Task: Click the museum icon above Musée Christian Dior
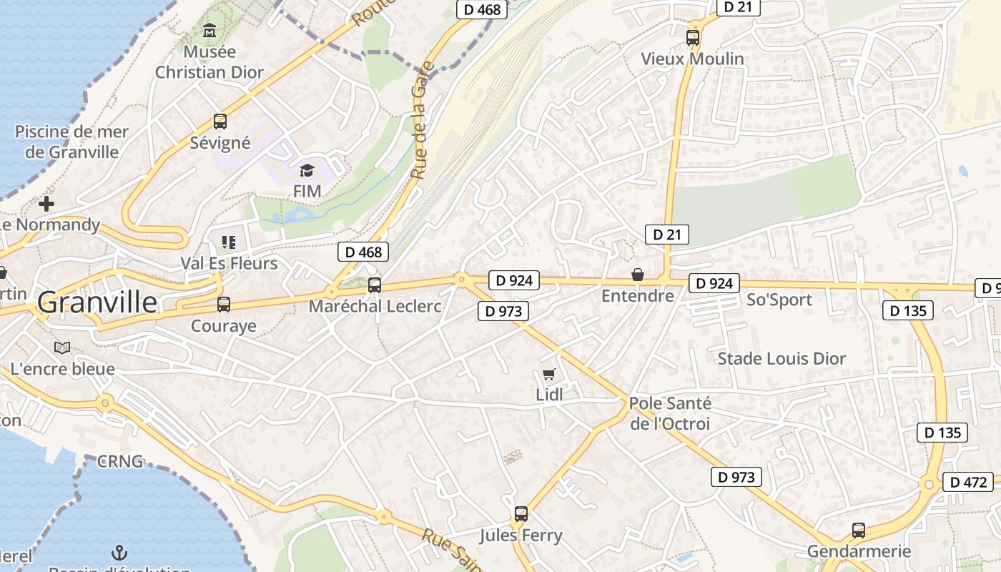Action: (209, 31)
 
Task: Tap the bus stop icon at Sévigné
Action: (220, 122)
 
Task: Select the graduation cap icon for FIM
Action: (307, 170)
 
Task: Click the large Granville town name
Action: (97, 302)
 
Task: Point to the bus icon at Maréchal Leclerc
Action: (375, 285)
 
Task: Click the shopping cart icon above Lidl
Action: (548, 374)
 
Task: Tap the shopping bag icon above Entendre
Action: (638, 275)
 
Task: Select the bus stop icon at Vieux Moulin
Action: (692, 38)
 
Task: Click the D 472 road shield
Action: (968, 482)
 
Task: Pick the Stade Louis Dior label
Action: (781, 358)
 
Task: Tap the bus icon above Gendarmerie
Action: (859, 531)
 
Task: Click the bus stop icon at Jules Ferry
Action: (521, 514)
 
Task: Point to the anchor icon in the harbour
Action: (120, 552)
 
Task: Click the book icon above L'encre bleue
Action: (62, 347)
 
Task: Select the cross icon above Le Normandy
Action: (46, 204)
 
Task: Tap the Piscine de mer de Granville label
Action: (71, 142)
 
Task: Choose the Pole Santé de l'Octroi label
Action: (670, 413)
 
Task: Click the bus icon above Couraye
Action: (224, 305)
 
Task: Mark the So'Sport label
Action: (779, 300)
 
